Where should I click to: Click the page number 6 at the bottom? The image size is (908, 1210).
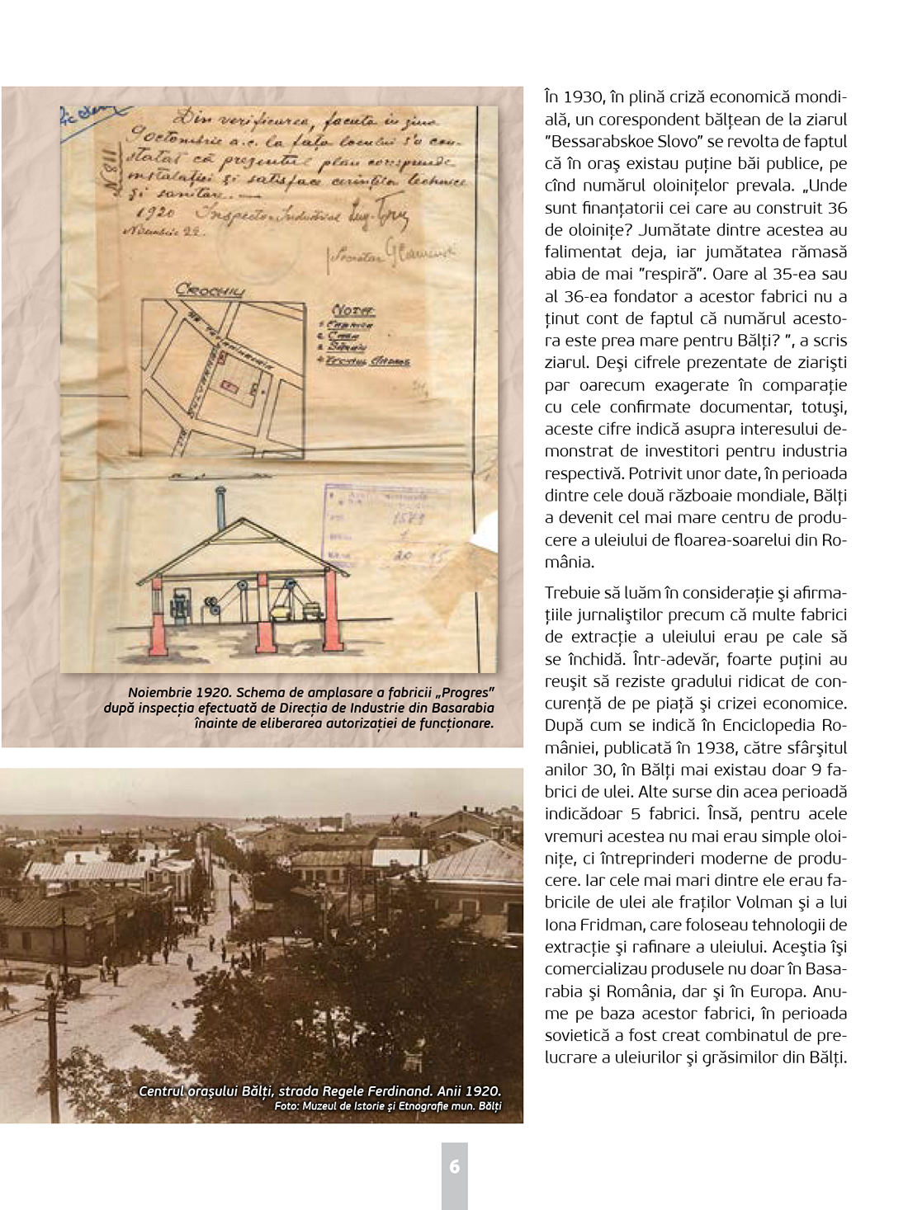tap(454, 1167)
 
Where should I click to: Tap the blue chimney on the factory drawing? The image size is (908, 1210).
tap(220, 508)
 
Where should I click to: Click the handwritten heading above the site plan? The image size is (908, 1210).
tap(209, 290)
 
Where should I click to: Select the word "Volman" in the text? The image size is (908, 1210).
tap(772, 902)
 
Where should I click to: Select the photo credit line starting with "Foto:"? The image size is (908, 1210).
tap(387, 1107)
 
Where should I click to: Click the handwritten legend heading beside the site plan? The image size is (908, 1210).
tap(352, 310)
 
